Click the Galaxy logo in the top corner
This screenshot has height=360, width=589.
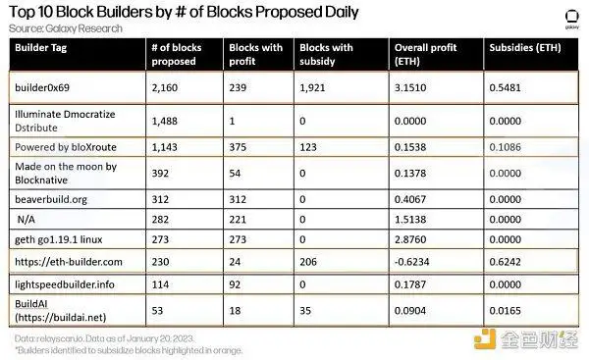coord(571,20)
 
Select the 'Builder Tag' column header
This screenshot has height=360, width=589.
coord(40,48)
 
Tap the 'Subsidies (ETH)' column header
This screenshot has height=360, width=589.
coord(525,48)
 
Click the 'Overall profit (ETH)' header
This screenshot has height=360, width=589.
coord(425,54)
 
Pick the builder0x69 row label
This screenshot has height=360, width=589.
coord(42,87)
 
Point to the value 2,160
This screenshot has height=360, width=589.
coord(165,88)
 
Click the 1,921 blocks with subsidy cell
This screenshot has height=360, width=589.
coord(312,88)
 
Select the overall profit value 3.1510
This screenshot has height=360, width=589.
coord(410,88)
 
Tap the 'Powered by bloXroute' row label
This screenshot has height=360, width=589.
coord(66,147)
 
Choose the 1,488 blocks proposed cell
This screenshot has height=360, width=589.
coord(165,121)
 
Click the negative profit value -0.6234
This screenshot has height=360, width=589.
coord(411,262)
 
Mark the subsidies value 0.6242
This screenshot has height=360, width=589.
coord(505,262)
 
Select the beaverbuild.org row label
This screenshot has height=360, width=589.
coord(51,199)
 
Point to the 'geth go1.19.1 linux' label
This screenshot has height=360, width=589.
coord(59,239)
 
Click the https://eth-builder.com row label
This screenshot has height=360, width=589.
coord(69,262)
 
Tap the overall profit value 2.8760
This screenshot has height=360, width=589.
coord(410,239)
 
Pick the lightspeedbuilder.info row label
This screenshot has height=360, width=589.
coord(65,284)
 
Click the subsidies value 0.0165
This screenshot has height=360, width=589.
coord(505,311)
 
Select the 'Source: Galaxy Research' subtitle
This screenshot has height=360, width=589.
coord(66,28)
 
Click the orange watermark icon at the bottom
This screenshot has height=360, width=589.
coord(485,338)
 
